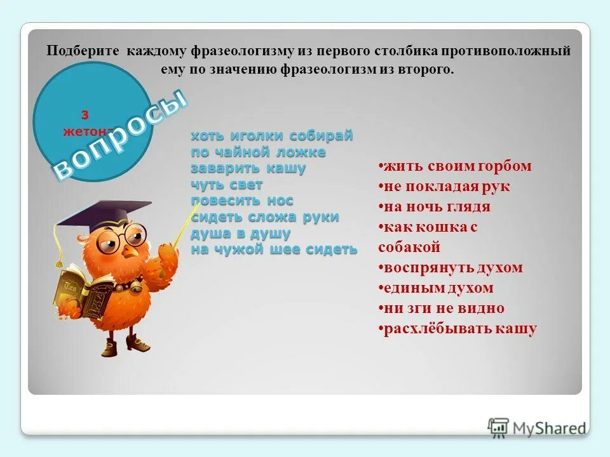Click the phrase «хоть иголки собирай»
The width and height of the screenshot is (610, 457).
[271, 136]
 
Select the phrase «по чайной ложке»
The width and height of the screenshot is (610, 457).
[258, 152]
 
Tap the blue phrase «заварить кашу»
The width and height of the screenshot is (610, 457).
[248, 169]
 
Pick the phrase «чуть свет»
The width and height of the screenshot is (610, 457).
[227, 185]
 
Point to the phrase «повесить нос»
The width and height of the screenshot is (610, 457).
[242, 201]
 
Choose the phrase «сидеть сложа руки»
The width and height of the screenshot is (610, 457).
[265, 217]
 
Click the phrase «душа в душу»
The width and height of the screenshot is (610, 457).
[241, 233]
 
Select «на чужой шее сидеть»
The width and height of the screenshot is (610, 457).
[274, 249]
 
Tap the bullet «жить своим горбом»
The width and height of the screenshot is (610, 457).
[456, 166]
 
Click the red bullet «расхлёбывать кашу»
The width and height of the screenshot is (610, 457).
[458, 329]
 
